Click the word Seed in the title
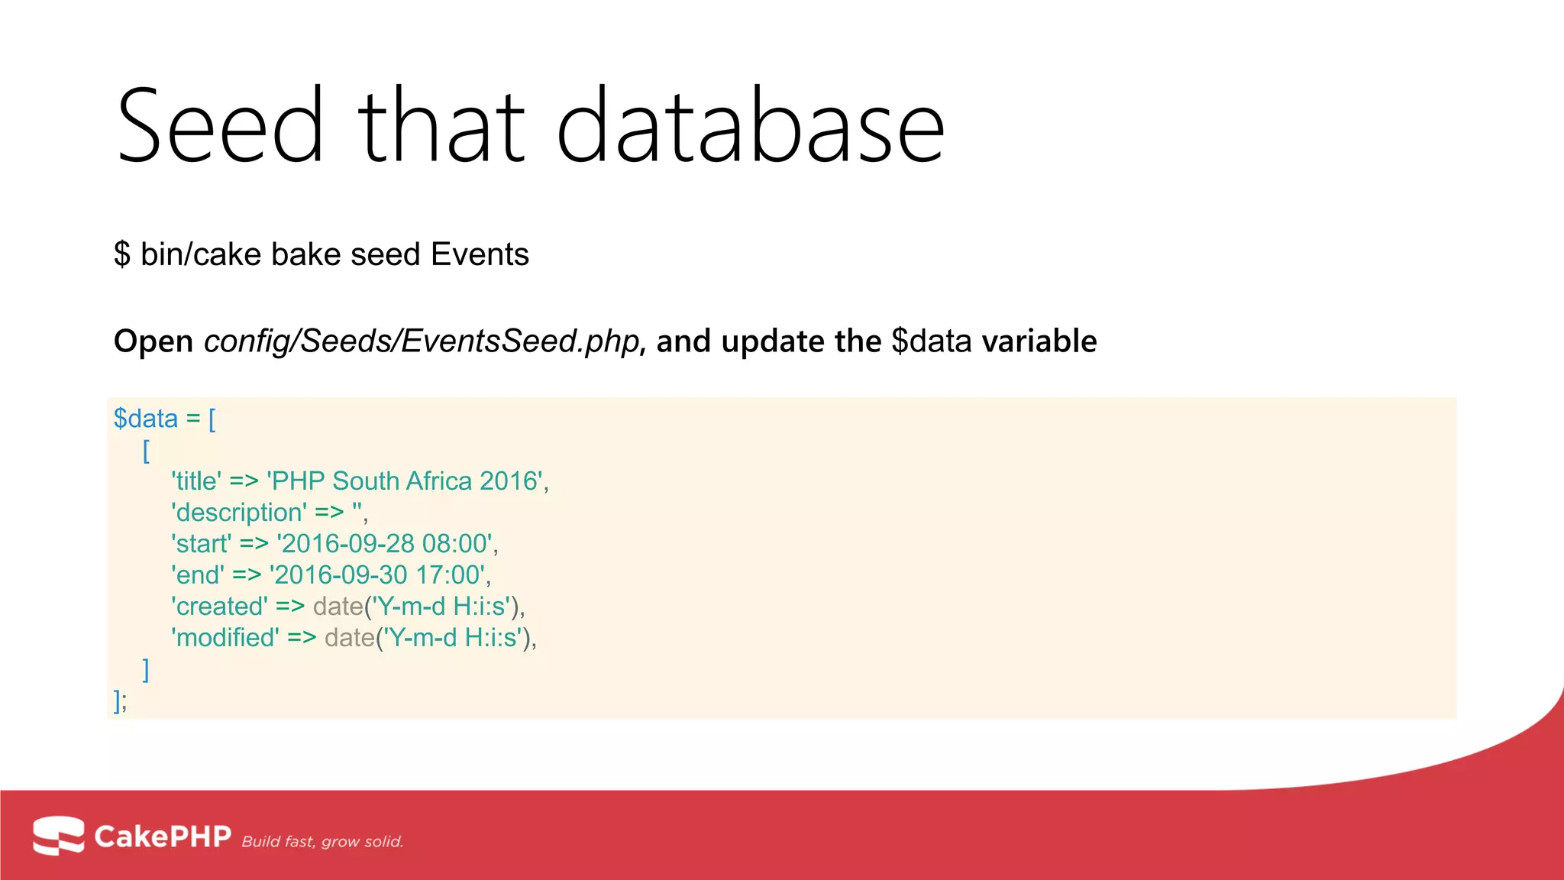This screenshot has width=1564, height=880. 220,126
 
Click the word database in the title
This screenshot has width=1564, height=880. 750,126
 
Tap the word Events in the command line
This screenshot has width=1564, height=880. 480,254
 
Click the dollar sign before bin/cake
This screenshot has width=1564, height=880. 122,254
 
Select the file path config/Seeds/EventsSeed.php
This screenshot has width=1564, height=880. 421,341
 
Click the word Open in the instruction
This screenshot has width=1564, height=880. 153,341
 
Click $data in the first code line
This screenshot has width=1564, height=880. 145,419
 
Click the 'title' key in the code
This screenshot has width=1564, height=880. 196,481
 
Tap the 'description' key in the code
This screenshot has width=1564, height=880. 239,513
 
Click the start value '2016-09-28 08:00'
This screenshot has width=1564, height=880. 386,544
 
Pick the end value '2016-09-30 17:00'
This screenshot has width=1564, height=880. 379,575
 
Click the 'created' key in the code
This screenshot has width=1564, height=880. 219,607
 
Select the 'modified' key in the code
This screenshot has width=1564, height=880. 225,638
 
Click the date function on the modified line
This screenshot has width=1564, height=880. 350,638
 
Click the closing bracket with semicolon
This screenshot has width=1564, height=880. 120,700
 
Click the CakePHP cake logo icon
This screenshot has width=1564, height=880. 58,836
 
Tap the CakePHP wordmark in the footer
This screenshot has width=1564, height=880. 162,836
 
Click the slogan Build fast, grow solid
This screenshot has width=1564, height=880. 322,842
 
